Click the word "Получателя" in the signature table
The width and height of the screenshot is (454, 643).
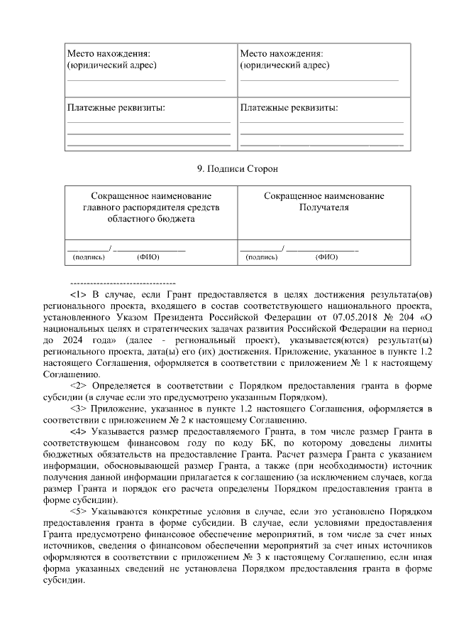pos(324,207)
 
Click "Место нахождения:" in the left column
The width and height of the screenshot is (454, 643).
pos(109,54)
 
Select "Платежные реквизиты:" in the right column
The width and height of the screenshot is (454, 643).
pos(289,108)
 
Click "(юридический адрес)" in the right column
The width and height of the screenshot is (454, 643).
pos(284,65)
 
